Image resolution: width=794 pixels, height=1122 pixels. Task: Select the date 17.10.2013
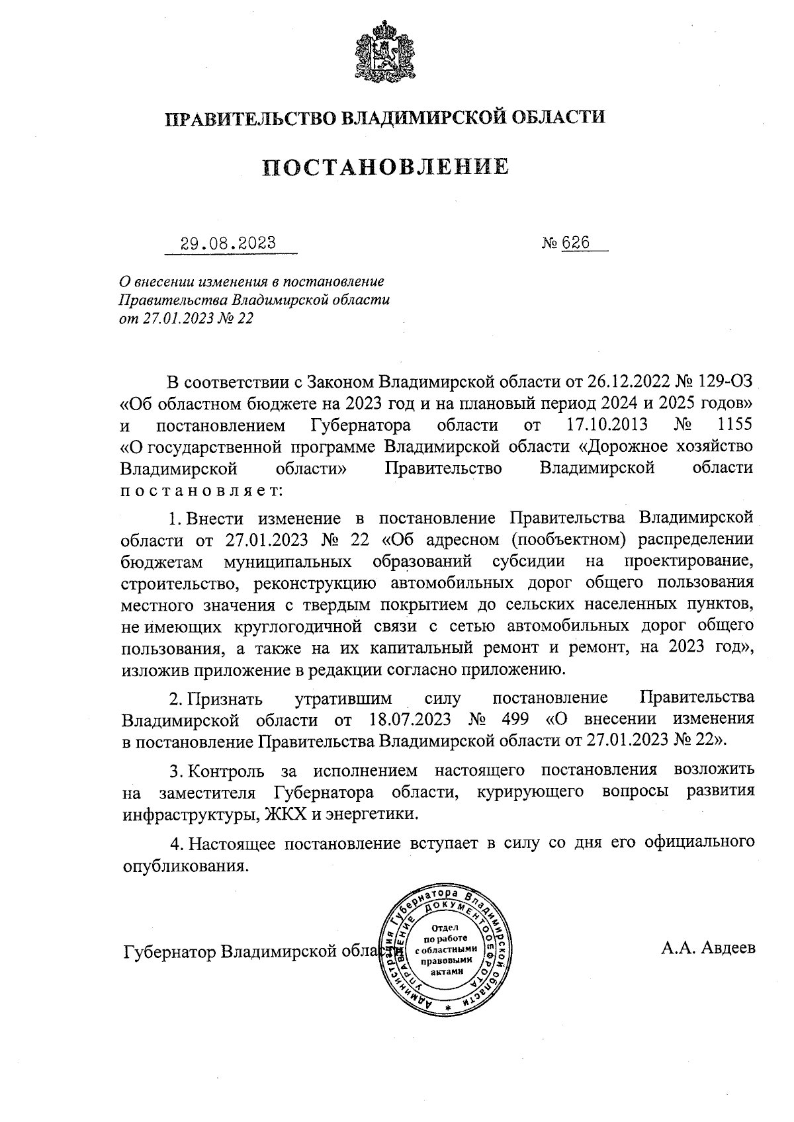tap(607, 424)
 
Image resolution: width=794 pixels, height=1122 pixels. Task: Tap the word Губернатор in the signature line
tap(169, 952)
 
